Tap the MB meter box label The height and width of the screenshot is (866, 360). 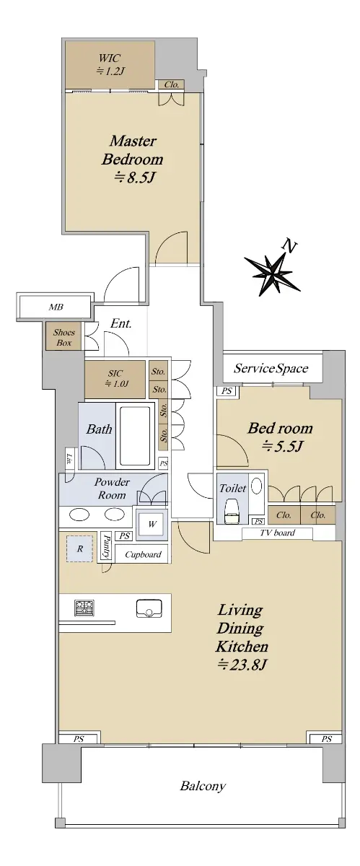click(x=56, y=307)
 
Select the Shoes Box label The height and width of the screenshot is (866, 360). click(x=64, y=337)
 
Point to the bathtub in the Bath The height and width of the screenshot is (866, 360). click(x=135, y=435)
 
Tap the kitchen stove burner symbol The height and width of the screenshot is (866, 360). click(x=84, y=608)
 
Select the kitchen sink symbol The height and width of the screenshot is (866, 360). click(x=149, y=608)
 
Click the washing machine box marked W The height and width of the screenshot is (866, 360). click(x=152, y=524)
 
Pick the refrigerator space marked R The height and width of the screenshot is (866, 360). click(x=79, y=548)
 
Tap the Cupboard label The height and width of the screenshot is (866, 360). click(x=143, y=555)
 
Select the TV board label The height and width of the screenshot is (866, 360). click(x=277, y=533)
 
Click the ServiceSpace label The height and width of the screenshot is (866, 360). click(x=271, y=368)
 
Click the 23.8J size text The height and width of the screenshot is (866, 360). click(x=242, y=665)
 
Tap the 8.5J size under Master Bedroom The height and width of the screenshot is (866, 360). click(x=135, y=178)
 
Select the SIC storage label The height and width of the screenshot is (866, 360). click(x=115, y=373)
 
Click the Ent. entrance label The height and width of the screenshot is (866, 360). click(x=121, y=323)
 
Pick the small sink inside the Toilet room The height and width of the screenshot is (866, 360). click(x=256, y=485)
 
